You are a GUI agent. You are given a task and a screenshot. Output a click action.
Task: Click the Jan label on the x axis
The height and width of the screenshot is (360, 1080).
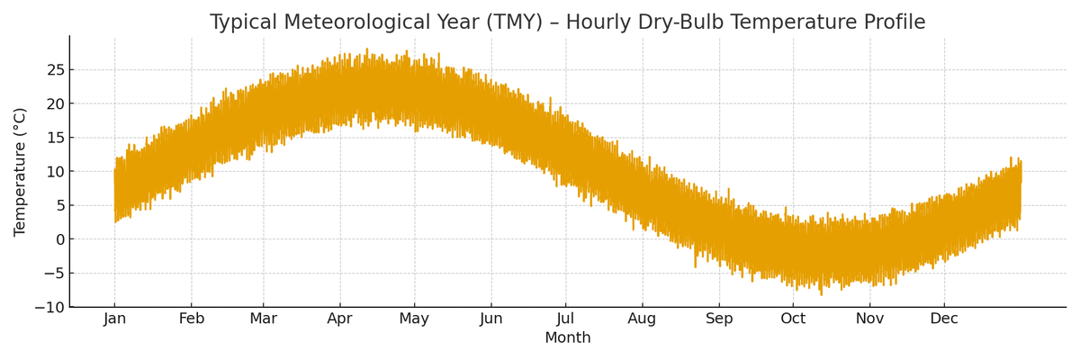click(114, 319)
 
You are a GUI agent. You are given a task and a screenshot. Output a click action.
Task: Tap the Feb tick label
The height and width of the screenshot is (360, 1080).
click(192, 319)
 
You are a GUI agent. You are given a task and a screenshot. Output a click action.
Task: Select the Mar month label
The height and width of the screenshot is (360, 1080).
click(264, 319)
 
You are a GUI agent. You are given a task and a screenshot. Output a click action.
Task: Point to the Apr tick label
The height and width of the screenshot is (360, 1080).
click(340, 319)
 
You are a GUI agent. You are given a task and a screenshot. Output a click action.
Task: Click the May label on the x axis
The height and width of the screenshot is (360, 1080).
click(414, 319)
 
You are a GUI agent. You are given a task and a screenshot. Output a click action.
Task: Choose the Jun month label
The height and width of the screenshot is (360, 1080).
click(491, 319)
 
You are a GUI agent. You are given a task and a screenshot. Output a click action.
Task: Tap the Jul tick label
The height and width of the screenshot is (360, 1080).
click(566, 319)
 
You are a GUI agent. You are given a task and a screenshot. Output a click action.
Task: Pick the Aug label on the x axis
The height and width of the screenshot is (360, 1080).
click(643, 319)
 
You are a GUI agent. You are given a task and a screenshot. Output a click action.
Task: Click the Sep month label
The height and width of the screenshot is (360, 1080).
click(719, 319)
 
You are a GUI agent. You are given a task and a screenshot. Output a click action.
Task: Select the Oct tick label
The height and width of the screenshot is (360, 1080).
click(793, 319)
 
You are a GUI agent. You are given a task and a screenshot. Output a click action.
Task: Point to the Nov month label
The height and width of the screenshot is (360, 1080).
click(870, 319)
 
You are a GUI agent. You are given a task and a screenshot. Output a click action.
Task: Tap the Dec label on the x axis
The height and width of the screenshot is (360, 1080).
click(944, 319)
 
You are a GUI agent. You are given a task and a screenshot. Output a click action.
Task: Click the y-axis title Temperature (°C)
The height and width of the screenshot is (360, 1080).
click(21, 172)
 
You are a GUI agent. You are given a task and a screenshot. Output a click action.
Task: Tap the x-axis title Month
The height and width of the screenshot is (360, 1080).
click(568, 338)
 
